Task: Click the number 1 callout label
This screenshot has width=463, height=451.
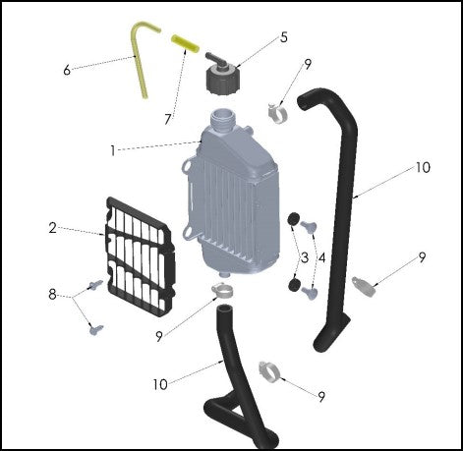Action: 113,150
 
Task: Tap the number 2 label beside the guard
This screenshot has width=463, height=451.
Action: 52,228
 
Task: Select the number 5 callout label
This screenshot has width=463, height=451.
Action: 284,37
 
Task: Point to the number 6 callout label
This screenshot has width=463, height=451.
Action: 67,70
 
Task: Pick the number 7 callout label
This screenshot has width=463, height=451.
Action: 168,120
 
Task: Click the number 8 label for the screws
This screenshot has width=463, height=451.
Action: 52,293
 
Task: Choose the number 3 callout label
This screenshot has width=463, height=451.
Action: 304,257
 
